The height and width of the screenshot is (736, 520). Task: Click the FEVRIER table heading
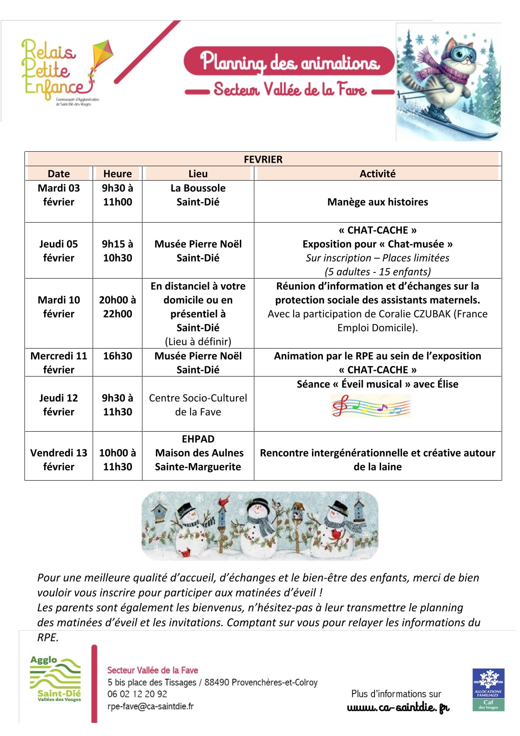263,159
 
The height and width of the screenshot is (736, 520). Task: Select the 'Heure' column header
117,174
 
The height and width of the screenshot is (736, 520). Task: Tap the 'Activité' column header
377,174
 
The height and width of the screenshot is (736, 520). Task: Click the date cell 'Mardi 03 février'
59,195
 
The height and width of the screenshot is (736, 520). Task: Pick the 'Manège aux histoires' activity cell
377,202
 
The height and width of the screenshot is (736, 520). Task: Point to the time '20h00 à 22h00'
117,307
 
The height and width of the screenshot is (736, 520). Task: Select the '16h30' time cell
117,356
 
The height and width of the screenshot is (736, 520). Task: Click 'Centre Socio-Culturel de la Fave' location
198,405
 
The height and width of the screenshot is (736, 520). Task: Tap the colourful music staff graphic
371,406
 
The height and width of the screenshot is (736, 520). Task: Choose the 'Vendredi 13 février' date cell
59,460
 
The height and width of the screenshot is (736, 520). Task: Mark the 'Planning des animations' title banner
289,61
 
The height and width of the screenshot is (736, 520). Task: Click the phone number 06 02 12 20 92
137,694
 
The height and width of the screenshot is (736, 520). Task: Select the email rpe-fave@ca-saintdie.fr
150,706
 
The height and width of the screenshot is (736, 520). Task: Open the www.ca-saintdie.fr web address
398,708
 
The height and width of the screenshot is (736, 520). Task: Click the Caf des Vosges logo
488,689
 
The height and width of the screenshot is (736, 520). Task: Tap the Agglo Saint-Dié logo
55,679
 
